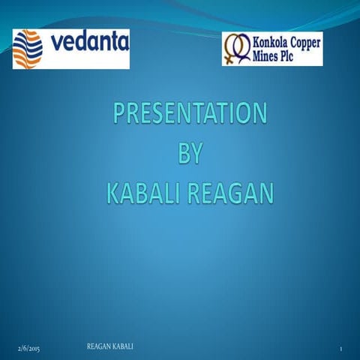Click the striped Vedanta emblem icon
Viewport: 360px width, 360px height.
coord(28,49)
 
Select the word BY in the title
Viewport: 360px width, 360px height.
coord(188,154)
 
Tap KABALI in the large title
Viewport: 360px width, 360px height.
coord(141,193)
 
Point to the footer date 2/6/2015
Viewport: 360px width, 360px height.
coord(30,350)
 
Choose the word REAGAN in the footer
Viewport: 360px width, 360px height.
coord(100,346)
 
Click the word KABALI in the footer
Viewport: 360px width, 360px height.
coord(126,346)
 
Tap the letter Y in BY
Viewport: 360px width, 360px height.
coord(196,154)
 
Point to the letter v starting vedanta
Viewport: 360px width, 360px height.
coord(57,46)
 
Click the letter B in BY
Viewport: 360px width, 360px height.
coord(181,154)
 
